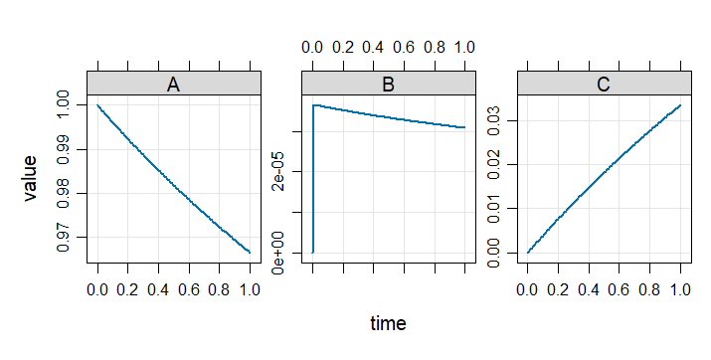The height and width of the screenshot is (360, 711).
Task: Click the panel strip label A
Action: (x=173, y=85)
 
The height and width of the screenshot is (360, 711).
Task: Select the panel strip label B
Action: (x=388, y=85)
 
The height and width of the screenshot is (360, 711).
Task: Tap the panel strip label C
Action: (x=603, y=85)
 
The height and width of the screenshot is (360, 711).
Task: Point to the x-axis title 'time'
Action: (x=388, y=323)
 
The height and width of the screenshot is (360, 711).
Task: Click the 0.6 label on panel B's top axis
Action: (x=404, y=47)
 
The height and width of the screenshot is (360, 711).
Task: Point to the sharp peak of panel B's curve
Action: (x=314, y=104)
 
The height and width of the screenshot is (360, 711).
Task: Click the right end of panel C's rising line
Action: (x=679, y=104)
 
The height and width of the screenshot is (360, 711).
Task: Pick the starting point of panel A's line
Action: (x=97, y=104)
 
